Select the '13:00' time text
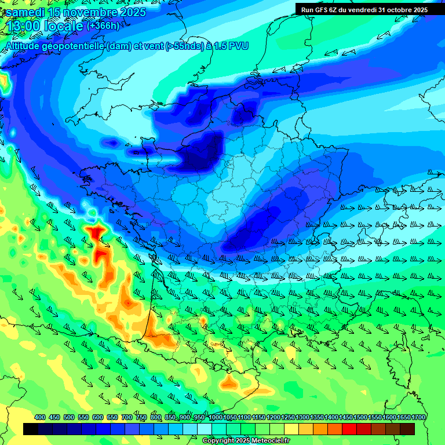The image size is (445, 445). point(23,26)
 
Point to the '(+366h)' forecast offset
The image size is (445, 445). point(103,25)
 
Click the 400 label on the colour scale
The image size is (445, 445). point(40,417)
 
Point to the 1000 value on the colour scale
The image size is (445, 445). point(216,417)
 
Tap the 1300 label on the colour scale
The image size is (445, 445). point(302,417)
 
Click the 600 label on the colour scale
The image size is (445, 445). point(98,417)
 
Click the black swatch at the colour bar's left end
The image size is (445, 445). point(31,429)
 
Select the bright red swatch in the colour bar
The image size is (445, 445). point(349,429)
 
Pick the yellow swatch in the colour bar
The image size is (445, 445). point(291,429)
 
